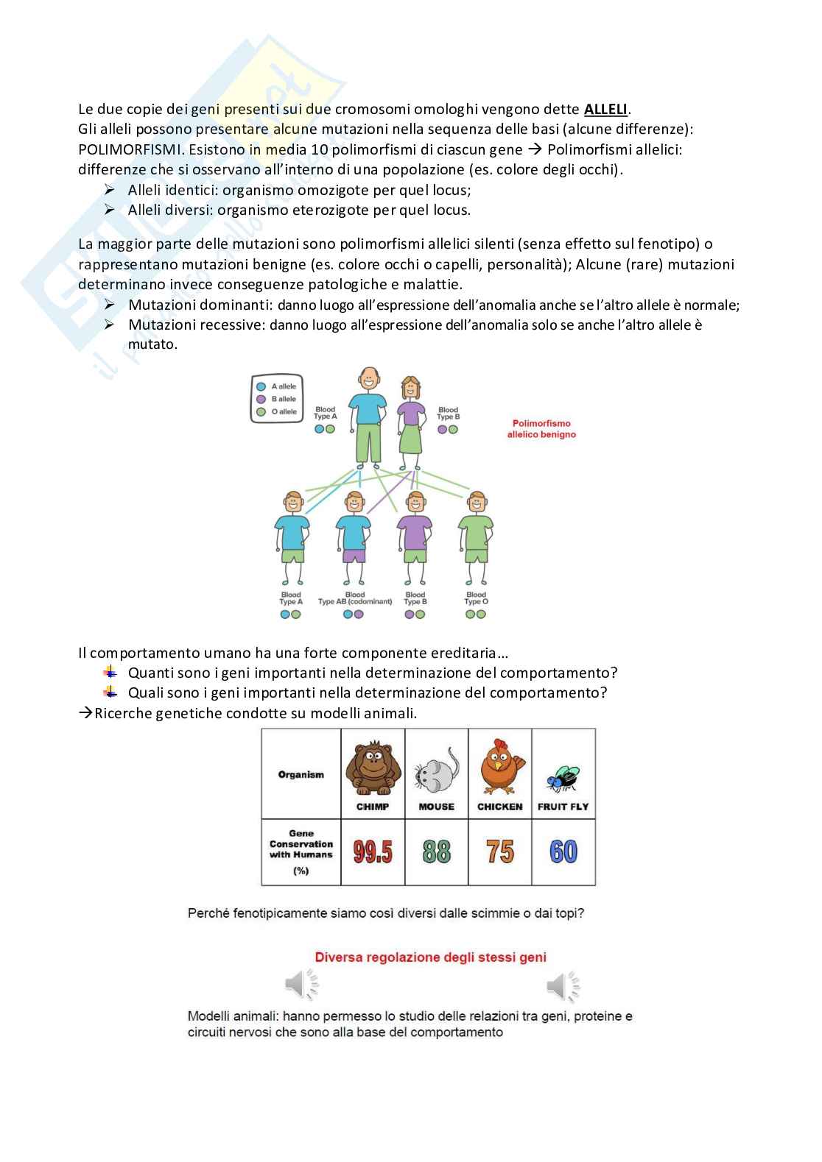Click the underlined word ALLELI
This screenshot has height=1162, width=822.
[x=605, y=110]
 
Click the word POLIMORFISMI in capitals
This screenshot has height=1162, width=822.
[x=130, y=149]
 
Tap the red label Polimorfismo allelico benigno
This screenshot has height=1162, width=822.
[x=541, y=429]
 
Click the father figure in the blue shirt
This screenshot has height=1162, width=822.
[x=368, y=417]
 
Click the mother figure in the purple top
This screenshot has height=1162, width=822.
[x=410, y=423]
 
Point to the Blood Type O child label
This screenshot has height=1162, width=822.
[x=476, y=598]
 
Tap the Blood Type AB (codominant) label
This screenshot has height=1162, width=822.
[x=355, y=598]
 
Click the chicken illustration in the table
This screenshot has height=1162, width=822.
[x=500, y=768]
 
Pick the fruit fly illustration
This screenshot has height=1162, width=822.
[x=563, y=778]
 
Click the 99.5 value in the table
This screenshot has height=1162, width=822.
[x=373, y=852]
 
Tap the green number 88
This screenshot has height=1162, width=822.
[x=437, y=852]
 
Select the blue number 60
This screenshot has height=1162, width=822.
[x=563, y=852]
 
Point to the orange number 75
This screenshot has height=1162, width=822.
[x=500, y=852]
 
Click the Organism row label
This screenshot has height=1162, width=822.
[x=301, y=774]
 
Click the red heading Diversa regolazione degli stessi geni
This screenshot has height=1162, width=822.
[x=430, y=957]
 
